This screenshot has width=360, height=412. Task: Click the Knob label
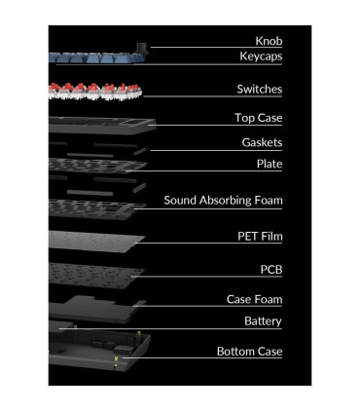[269, 41]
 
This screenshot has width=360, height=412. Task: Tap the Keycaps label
[261, 56]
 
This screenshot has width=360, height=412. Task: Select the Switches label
[260, 89]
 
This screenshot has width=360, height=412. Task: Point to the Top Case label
[258, 118]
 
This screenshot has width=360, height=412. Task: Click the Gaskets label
[262, 142]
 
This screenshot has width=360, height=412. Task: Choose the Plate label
[270, 164]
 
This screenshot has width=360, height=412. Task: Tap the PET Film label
[260, 236]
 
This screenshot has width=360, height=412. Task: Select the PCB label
[271, 270]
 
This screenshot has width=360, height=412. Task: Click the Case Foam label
[255, 299]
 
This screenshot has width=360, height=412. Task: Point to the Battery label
[263, 321]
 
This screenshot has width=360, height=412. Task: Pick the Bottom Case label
[250, 352]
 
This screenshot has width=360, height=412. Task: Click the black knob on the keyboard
[141, 49]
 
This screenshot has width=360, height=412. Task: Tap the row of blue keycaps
[97, 57]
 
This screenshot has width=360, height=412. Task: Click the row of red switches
[95, 92]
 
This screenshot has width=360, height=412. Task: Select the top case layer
[102, 126]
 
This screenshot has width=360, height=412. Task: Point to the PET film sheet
[96, 242]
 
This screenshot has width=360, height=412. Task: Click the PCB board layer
[96, 276]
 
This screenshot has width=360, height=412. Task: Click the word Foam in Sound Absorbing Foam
[269, 201]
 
